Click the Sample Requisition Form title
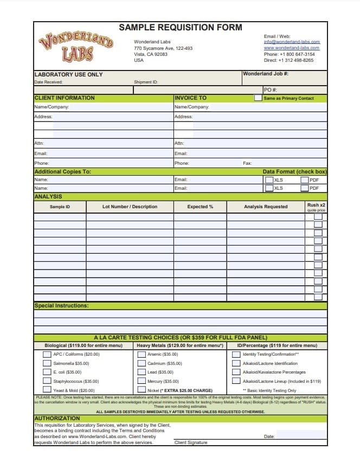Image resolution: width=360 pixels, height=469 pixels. point(181,28)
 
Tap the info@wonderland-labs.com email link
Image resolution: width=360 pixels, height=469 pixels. point(292,42)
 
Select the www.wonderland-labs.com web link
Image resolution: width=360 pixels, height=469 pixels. point(292,48)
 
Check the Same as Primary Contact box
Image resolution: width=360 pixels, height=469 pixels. point(258,98)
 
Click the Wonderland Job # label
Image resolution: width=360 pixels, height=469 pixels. point(266,74)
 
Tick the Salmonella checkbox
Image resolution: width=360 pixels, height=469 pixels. point(47,363)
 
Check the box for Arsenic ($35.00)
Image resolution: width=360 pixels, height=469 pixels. point(142,354)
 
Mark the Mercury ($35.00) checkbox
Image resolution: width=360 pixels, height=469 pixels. point(142,381)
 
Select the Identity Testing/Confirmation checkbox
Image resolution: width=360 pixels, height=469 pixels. point(236,354)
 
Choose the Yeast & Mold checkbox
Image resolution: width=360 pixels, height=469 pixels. point(47,390)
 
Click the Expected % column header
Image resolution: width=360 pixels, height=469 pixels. point(200,207)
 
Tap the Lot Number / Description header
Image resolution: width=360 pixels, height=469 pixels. point(130,207)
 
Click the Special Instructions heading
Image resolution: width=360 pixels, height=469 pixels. point(61,306)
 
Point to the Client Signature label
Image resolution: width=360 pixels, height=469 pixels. point(191,442)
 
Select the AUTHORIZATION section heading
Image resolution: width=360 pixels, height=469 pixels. point(57,419)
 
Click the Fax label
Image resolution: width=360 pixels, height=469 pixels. point(247,163)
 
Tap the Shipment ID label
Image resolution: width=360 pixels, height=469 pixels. point(146,82)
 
